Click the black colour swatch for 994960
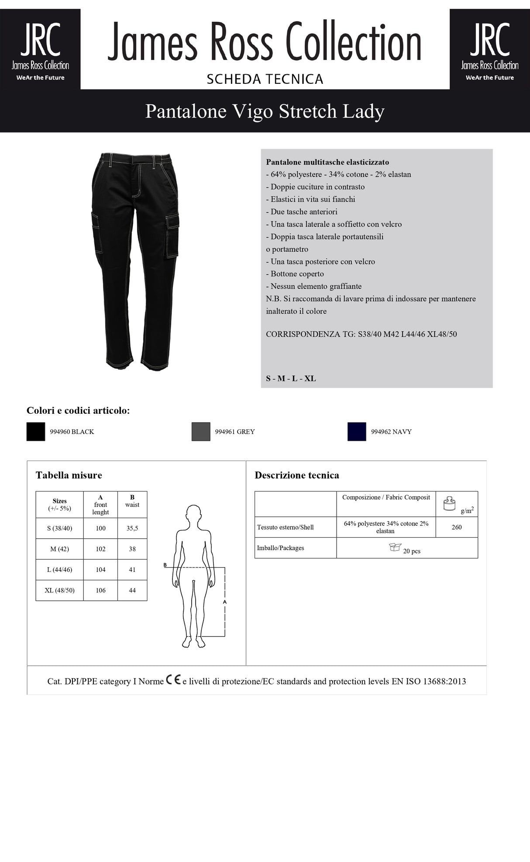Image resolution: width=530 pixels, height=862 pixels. pyautogui.click(x=36, y=432)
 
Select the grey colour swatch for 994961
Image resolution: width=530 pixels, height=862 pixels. pyautogui.click(x=201, y=432)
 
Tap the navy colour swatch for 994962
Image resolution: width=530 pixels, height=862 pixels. pyautogui.click(x=357, y=432)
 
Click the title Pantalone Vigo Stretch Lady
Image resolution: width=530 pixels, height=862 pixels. pyautogui.click(x=265, y=111)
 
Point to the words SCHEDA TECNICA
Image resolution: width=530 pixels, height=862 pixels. pyautogui.click(x=265, y=79)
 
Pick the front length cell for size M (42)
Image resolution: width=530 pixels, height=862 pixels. pyautogui.click(x=100, y=549)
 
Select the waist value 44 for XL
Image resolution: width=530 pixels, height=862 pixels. pyautogui.click(x=132, y=590)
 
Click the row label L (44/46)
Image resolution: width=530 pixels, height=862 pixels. pyautogui.click(x=59, y=570)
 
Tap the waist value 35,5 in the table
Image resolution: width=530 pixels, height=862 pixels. pyautogui.click(x=132, y=528)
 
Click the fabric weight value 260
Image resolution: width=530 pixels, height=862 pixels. pyautogui.click(x=457, y=527)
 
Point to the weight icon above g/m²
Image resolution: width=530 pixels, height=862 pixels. pyautogui.click(x=449, y=503)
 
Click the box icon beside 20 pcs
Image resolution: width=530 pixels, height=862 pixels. pyautogui.click(x=395, y=547)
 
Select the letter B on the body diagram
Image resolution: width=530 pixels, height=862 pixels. pyautogui.click(x=165, y=565)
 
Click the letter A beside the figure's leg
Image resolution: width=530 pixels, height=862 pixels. pyautogui.click(x=225, y=602)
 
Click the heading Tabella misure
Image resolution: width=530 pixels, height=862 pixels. pyautogui.click(x=69, y=475)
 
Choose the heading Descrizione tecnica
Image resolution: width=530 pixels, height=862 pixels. pyautogui.click(x=297, y=475)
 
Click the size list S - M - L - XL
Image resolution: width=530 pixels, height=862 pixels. pyautogui.click(x=291, y=378)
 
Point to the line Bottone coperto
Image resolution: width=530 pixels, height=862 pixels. pyautogui.click(x=297, y=274)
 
